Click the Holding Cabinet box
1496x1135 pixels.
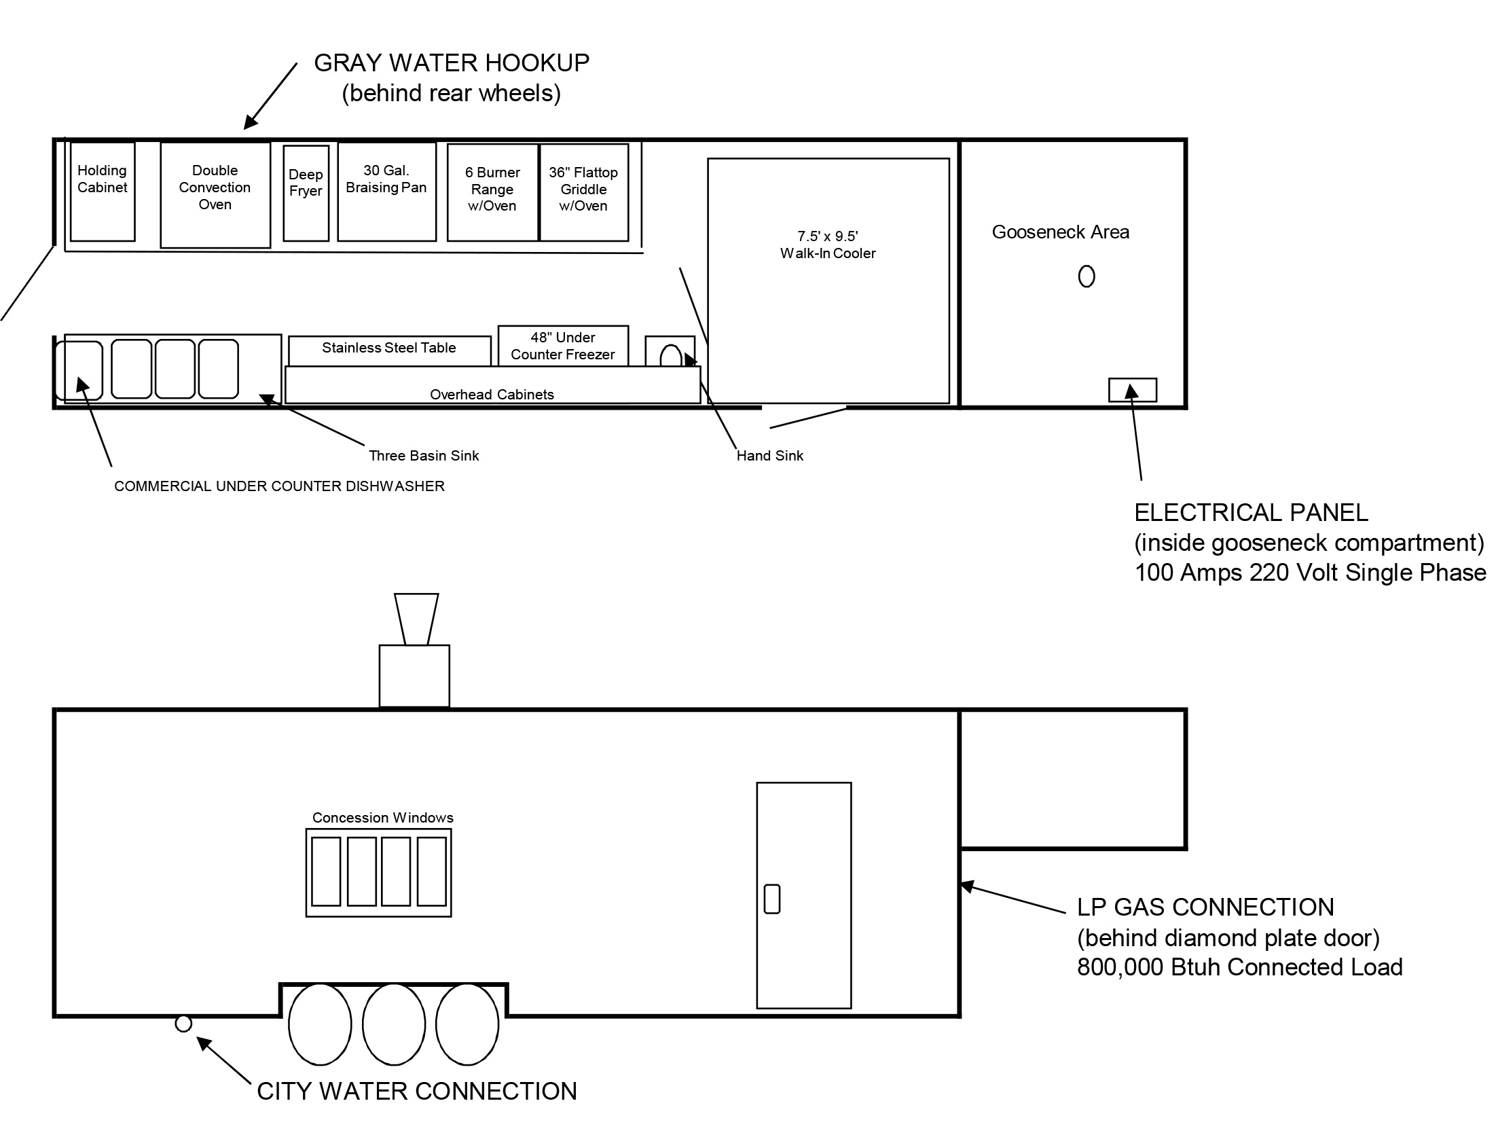[103, 191]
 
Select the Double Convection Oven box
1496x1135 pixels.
[215, 195]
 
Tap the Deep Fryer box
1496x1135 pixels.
[306, 193]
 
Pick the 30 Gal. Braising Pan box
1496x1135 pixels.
[386, 191]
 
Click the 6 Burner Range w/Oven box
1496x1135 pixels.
[492, 192]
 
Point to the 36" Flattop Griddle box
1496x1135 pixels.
[583, 192]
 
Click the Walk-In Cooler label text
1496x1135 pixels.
[828, 245]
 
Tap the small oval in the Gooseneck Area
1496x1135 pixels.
[1087, 276]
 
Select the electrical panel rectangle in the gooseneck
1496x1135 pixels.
[1133, 390]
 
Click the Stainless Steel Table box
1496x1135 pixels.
[389, 350]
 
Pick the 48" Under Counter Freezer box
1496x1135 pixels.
[563, 346]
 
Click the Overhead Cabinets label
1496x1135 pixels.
[492, 395]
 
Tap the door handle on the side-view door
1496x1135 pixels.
[772, 899]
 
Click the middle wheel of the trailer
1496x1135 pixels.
[394, 1024]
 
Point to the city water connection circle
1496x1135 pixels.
[183, 1024]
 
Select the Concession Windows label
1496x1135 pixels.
[382, 818]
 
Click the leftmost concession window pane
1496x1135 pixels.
[326, 871]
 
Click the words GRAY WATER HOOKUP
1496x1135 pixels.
[452, 63]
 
